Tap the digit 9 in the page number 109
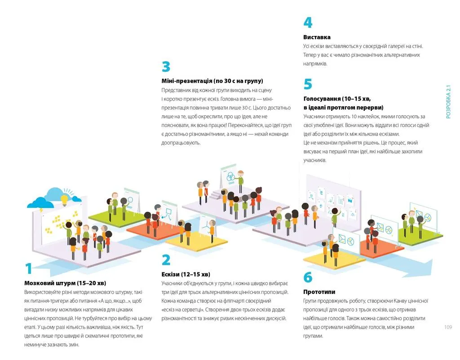tap(450, 327)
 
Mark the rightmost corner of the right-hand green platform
tap(443, 235)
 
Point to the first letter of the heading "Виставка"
tap(305, 37)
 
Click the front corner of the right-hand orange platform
tap(377, 258)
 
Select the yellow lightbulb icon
tap(64, 200)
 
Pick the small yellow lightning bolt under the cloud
tap(41, 210)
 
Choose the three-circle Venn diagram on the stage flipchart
tap(230, 177)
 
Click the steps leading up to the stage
tap(215, 195)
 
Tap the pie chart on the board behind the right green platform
tap(428, 218)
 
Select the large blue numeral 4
tap(308, 22)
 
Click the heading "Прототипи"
tap(319, 292)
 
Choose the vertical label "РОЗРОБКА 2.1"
tap(448, 102)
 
